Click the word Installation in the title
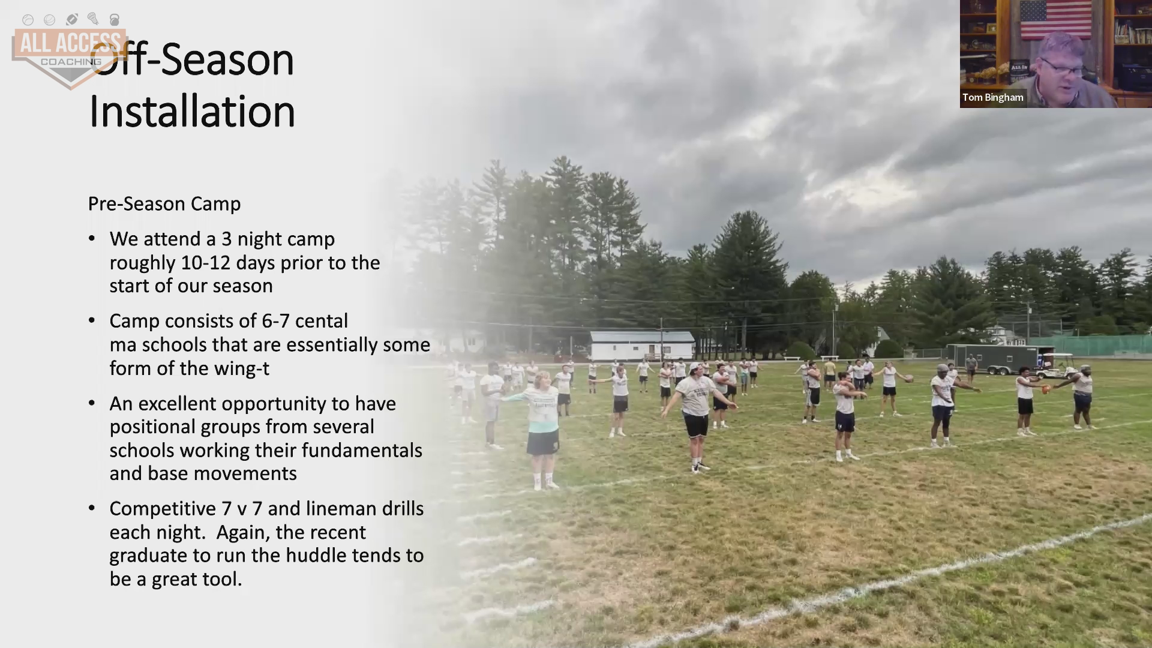192,112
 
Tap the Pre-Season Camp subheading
164,204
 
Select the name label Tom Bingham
993,97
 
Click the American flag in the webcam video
1055,19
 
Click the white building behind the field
642,346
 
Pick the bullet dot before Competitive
92,508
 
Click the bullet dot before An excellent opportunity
92,403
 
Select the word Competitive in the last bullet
163,509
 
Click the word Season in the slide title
227,60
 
